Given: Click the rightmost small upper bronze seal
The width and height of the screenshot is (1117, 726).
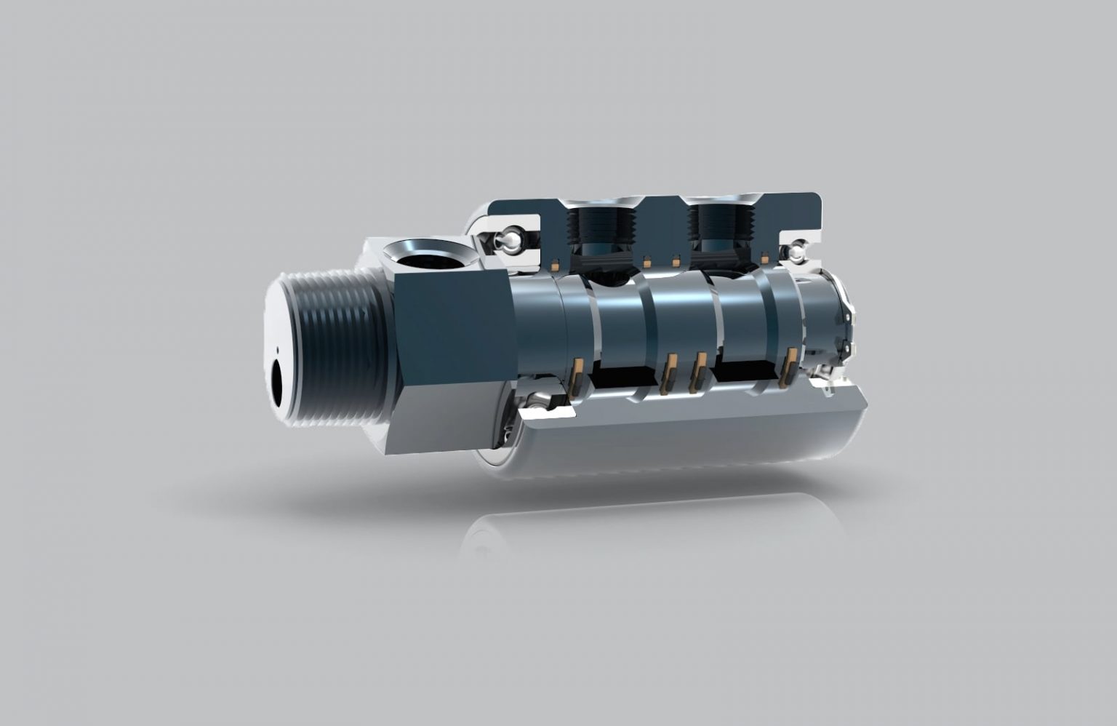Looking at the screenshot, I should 765,258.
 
